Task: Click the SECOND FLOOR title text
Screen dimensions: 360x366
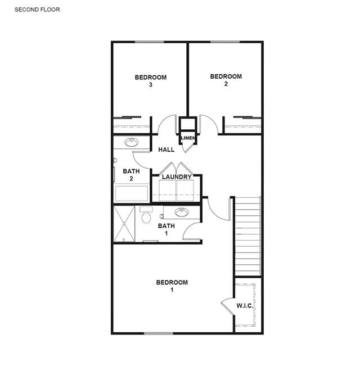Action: [x=37, y=10]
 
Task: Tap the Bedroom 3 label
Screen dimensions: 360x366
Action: [x=151, y=81]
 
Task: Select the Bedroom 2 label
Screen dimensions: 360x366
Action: [x=226, y=80]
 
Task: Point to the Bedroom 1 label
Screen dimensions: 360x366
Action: [x=172, y=286]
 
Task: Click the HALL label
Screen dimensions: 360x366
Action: [x=166, y=150]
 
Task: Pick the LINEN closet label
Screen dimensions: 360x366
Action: [x=188, y=138]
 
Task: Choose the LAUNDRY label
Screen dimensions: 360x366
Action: [x=177, y=177]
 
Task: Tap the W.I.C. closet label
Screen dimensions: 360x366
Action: [x=245, y=305]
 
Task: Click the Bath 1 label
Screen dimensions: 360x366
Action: [x=166, y=229]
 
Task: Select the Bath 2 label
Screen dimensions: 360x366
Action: [x=131, y=175]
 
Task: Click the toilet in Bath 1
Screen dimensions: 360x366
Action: [x=146, y=215]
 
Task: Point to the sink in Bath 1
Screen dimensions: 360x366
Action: [x=182, y=212]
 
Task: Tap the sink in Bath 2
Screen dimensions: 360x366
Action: [x=132, y=142]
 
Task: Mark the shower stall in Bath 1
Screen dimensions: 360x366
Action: [x=124, y=224]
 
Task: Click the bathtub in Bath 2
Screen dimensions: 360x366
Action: [x=132, y=193]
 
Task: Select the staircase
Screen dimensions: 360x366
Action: [x=247, y=236]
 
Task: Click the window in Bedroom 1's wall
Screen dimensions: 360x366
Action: [x=159, y=333]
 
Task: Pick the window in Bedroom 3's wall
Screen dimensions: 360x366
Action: [x=150, y=42]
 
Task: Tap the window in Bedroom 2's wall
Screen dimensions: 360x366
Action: [x=226, y=42]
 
